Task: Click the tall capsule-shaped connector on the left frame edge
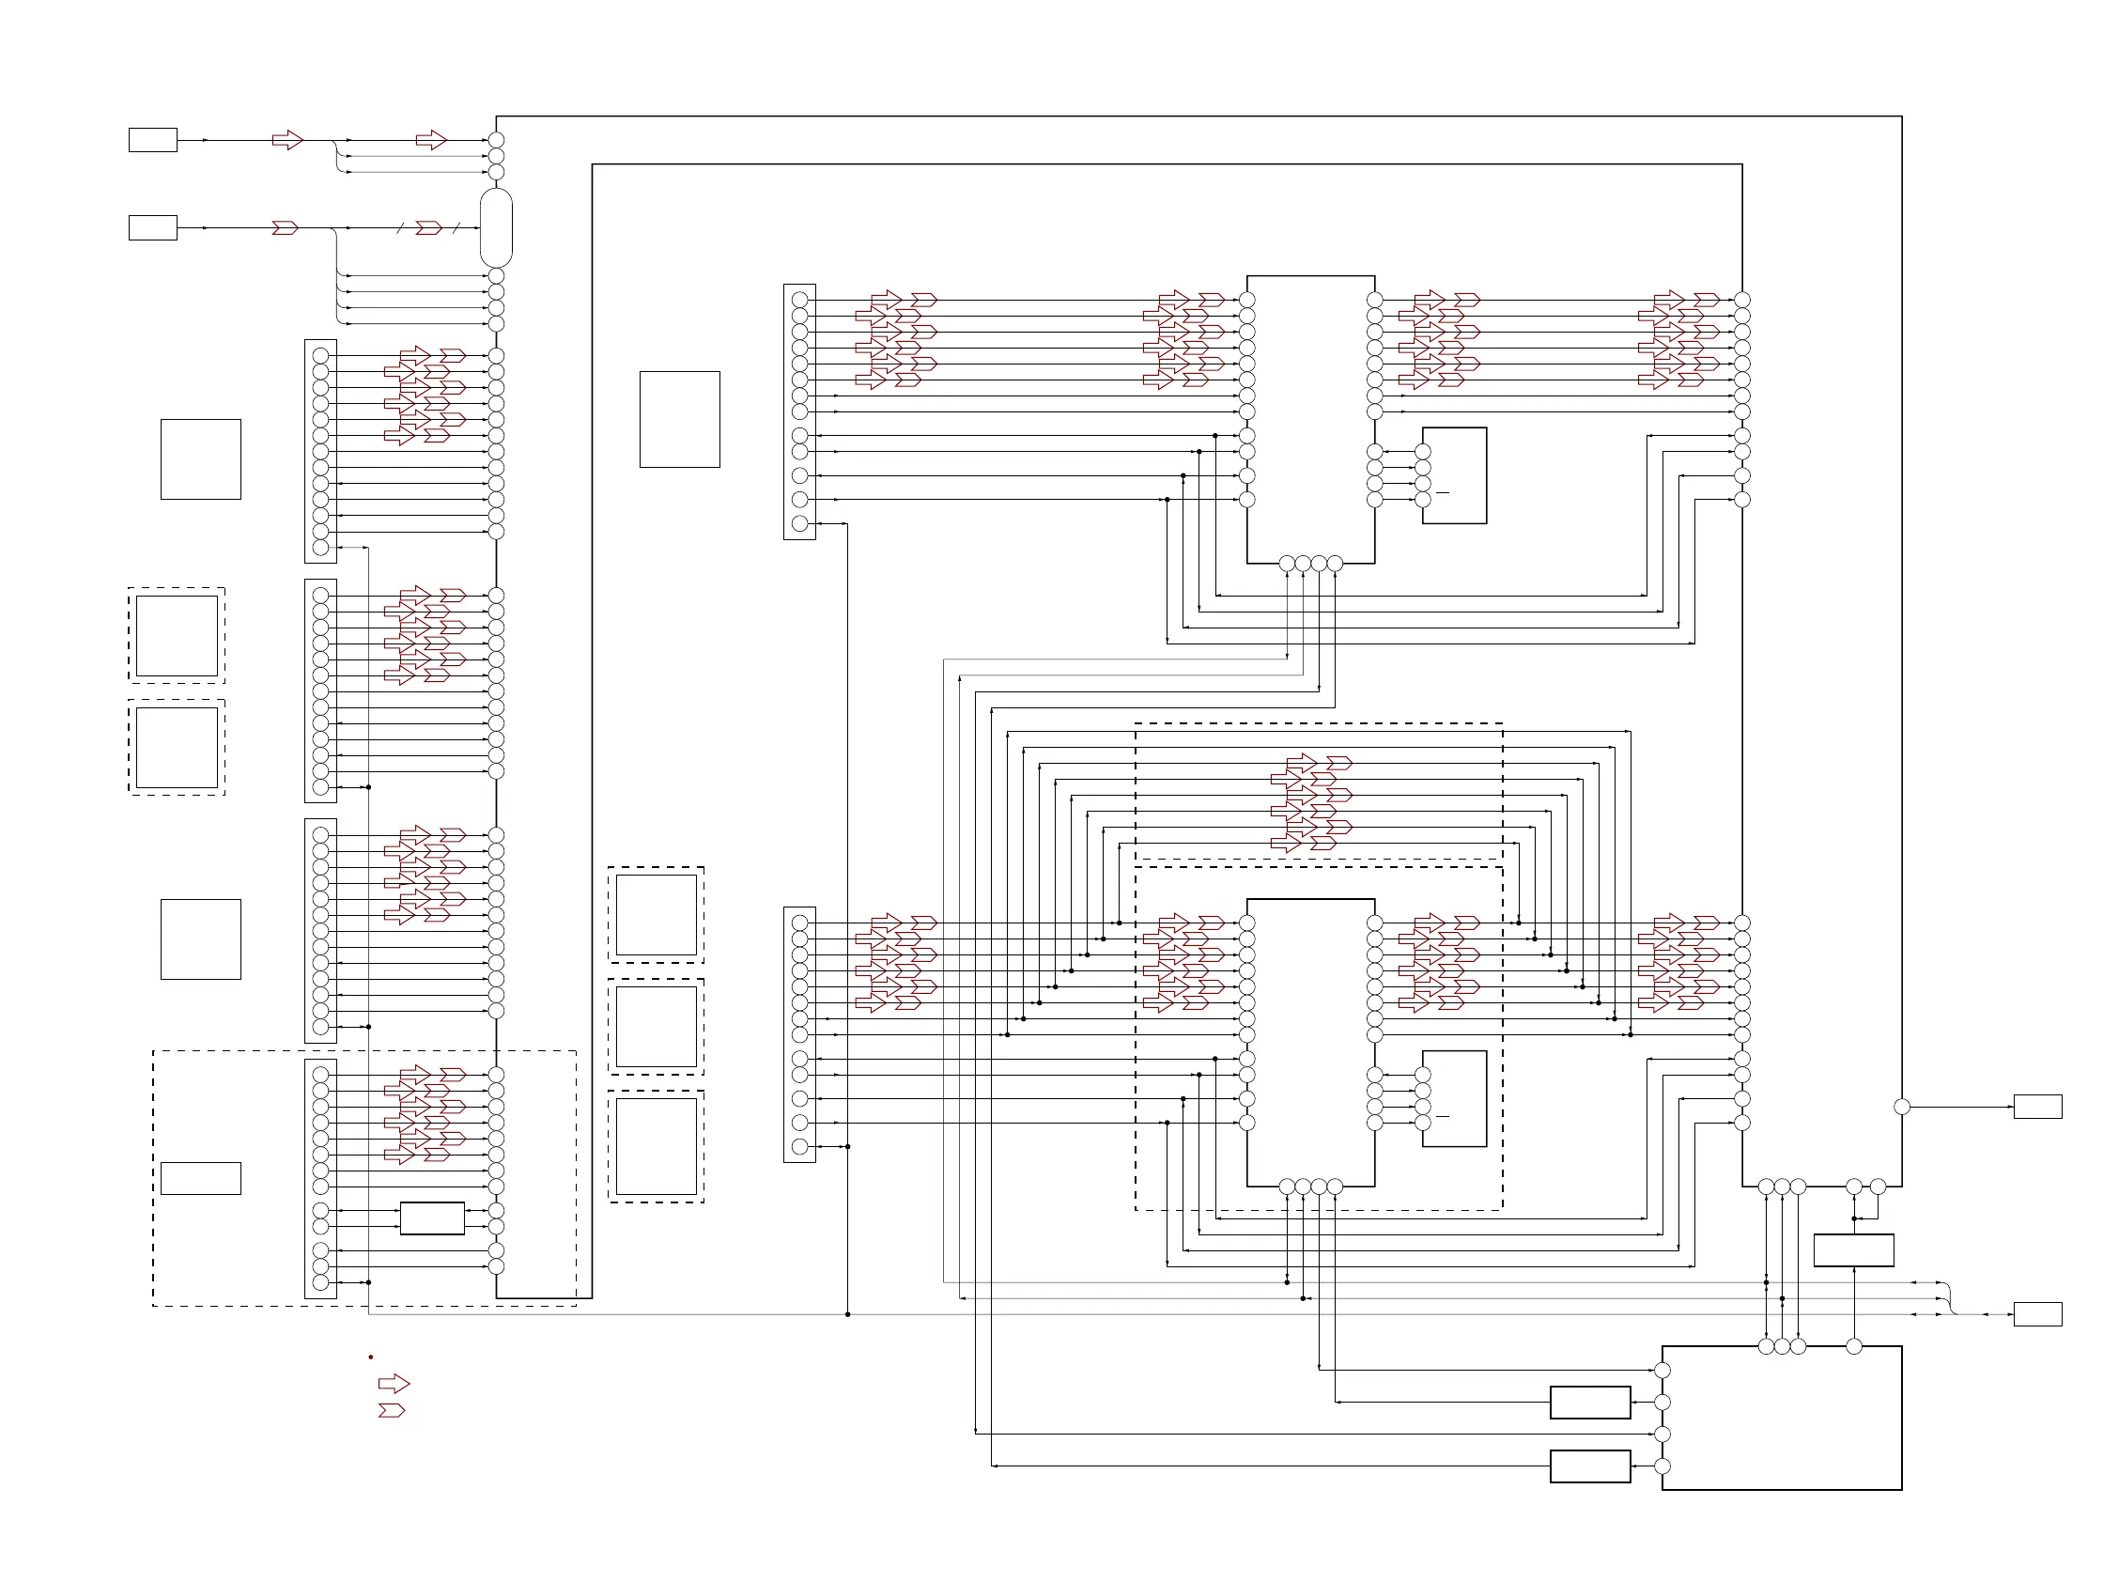[x=496, y=228]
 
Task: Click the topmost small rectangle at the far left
[x=153, y=140]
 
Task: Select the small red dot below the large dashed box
[x=371, y=1357]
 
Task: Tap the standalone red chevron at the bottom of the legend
[x=392, y=1410]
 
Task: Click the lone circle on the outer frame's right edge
[x=1901, y=1107]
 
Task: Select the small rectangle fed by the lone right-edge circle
[x=2037, y=1107]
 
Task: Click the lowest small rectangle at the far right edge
[x=2037, y=1314]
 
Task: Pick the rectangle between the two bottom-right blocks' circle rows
[x=1853, y=1250]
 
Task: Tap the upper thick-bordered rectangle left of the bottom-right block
[x=1589, y=1403]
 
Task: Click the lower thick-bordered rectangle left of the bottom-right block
[x=1589, y=1466]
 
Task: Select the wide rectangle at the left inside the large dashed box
[x=201, y=1178]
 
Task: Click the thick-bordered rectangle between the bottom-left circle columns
[x=433, y=1218]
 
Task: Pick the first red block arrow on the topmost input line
[x=287, y=141]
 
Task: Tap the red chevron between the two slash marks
[x=429, y=228]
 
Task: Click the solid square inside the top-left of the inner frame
[x=680, y=419]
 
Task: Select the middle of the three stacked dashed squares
[x=656, y=1027]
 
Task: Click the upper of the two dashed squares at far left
[x=177, y=635]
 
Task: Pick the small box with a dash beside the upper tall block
[x=1454, y=475]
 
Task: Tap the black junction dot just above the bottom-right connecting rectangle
[x=1854, y=1218]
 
